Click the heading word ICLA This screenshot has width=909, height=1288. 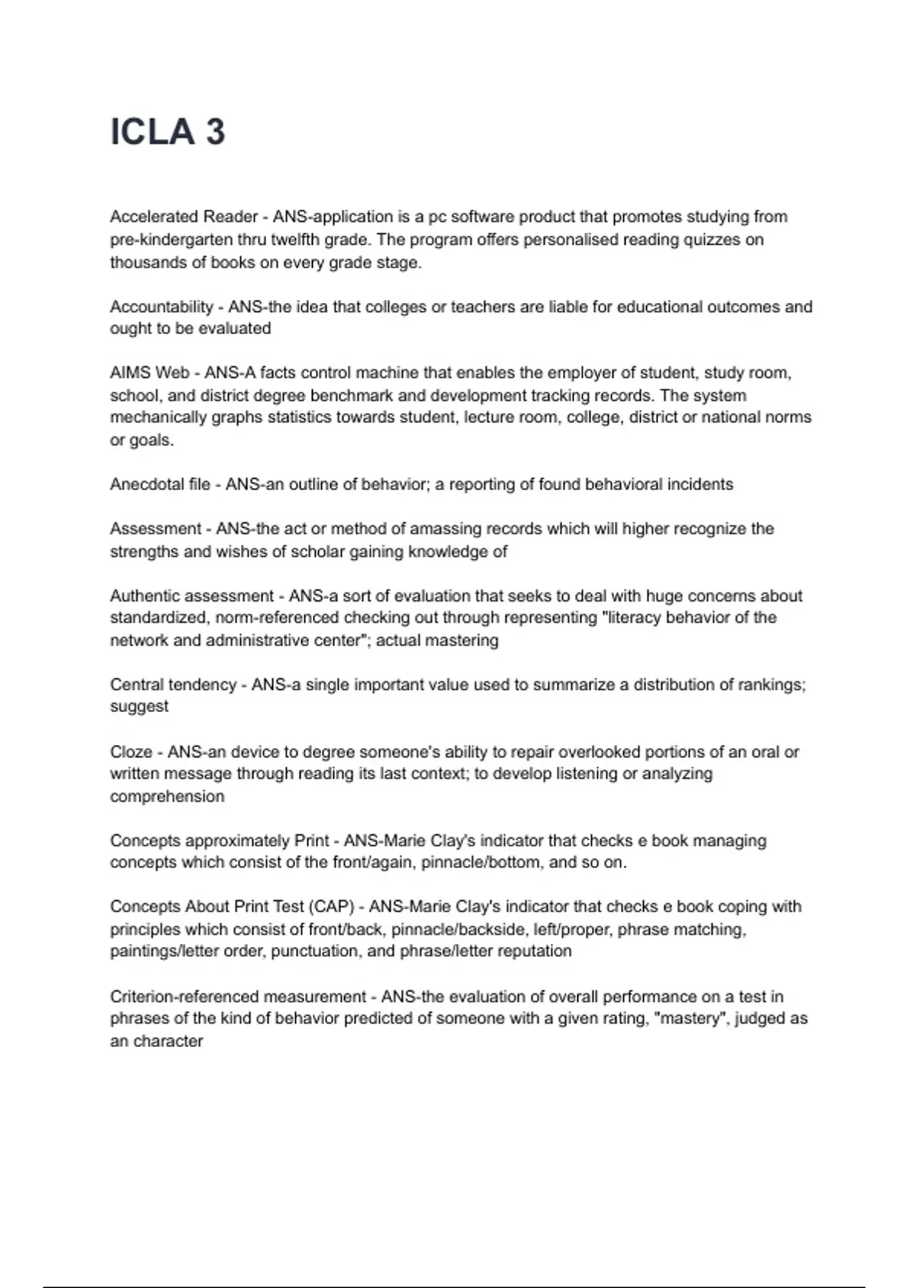tap(152, 132)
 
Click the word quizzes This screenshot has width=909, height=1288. tap(709, 239)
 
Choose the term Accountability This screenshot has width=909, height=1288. tap(161, 307)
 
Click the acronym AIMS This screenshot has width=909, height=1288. tap(130, 373)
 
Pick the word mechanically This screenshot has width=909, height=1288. tap(158, 417)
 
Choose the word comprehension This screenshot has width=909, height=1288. tap(167, 796)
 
